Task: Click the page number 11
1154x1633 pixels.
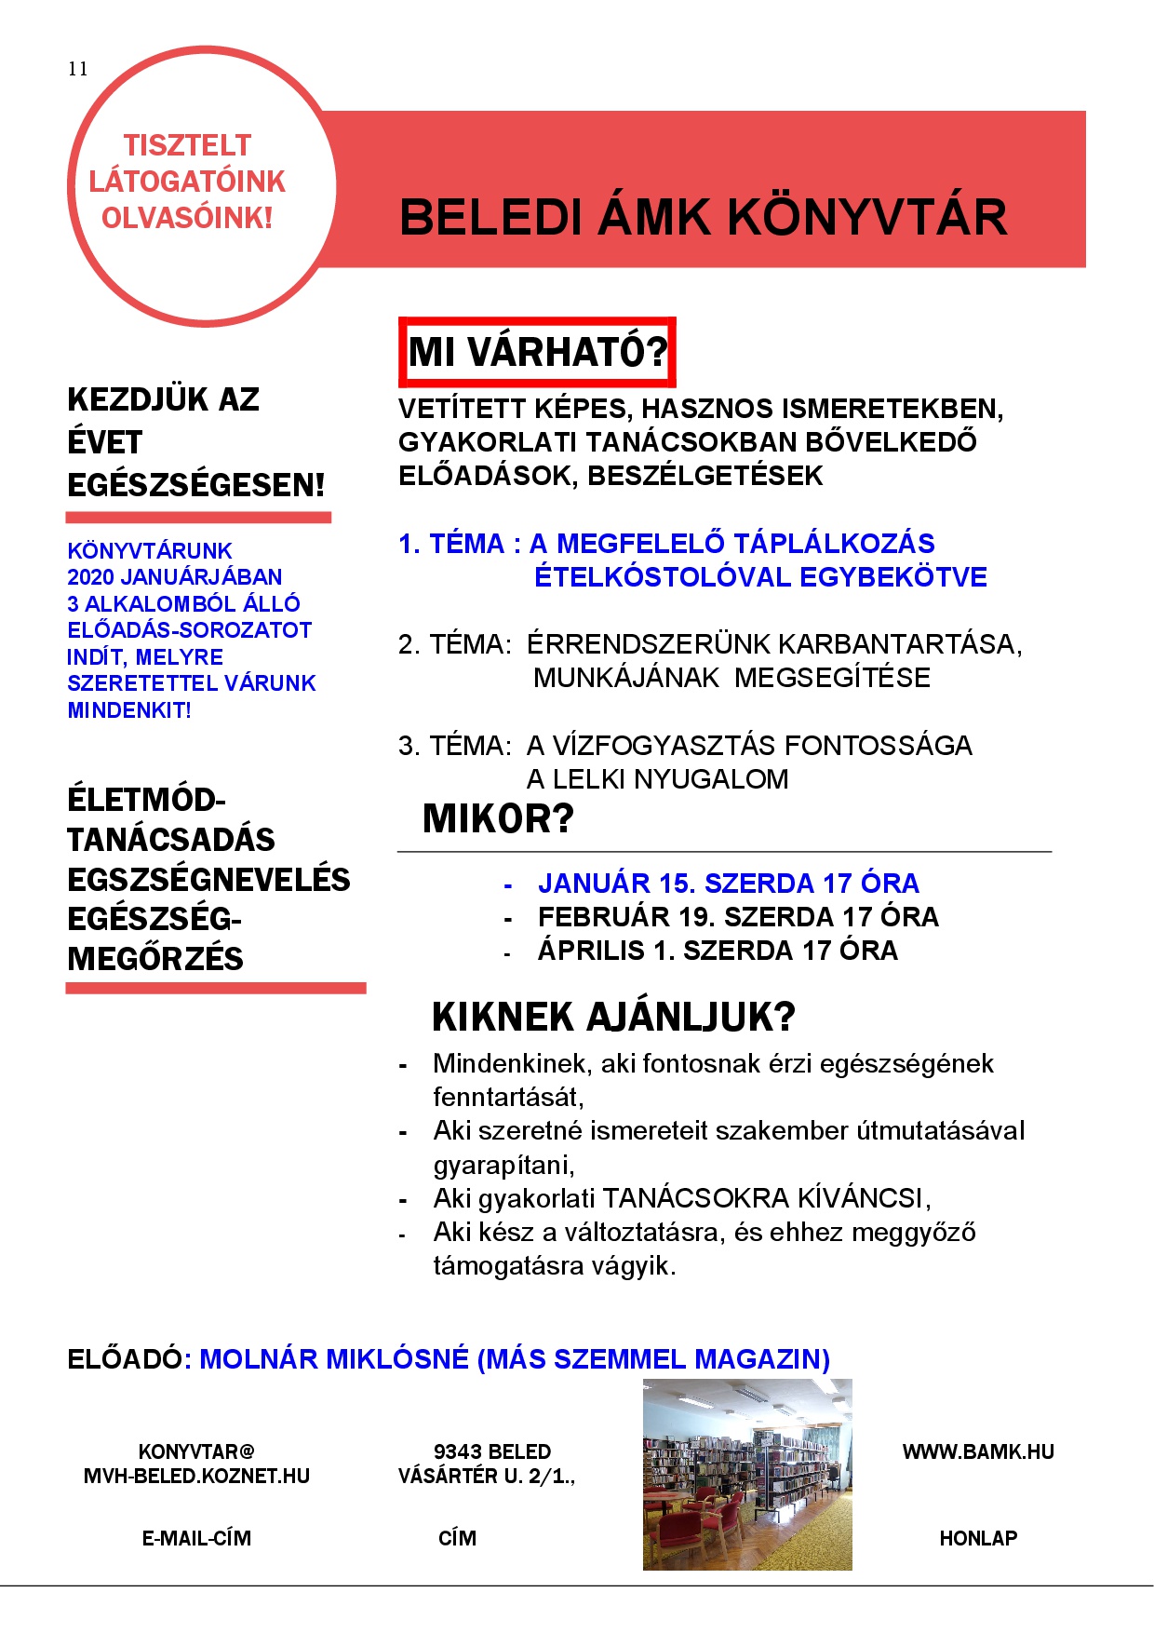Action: coord(77,69)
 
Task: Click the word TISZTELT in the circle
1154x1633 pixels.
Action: coord(187,145)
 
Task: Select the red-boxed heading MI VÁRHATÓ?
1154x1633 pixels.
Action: coord(538,352)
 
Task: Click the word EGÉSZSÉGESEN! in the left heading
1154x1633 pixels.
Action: coord(196,485)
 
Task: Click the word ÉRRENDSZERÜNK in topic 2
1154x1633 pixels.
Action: coord(649,644)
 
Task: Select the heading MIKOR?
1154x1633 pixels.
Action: coord(498,819)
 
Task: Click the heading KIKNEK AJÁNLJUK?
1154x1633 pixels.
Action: coord(613,1018)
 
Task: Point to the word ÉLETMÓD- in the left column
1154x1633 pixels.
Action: coord(146,800)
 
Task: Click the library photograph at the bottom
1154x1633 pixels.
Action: coord(747,1475)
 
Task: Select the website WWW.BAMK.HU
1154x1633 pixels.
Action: coord(978,1452)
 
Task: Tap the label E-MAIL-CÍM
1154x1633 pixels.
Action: coord(196,1539)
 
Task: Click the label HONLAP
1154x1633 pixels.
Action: coord(978,1539)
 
